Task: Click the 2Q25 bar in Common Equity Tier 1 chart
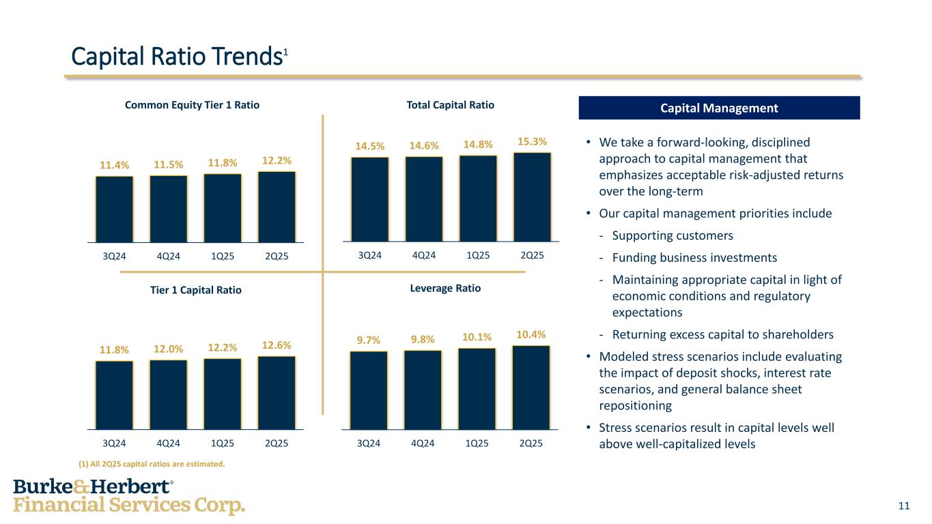tap(277, 207)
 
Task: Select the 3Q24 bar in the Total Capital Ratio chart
tap(369, 199)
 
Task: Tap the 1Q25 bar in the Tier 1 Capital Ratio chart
tap(223, 393)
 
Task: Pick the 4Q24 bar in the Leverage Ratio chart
tap(423, 389)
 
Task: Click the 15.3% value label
tap(532, 141)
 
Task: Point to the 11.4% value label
tap(114, 165)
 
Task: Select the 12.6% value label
tap(277, 345)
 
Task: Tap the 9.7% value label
tap(369, 339)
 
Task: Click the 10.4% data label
tap(531, 334)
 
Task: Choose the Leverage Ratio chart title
tap(445, 289)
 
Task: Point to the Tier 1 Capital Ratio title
tap(196, 290)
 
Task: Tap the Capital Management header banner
tap(719, 108)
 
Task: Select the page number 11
tap(904, 506)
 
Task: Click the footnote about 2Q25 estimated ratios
tap(151, 464)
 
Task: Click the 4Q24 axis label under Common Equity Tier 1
tap(169, 257)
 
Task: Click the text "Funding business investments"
tap(694, 257)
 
